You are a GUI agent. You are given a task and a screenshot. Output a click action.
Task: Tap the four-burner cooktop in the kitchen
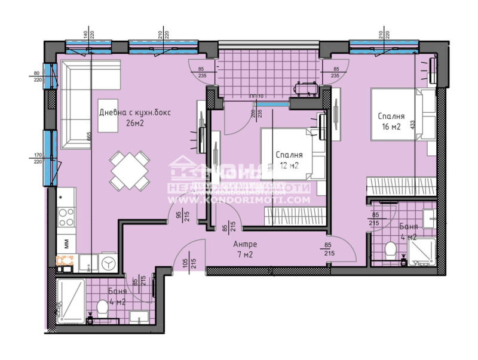click(66, 216)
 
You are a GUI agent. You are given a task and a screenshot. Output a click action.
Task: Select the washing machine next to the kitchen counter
click(108, 262)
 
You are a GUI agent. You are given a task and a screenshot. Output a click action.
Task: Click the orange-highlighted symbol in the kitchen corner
click(64, 260)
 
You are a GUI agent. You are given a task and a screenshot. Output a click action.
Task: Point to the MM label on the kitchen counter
click(65, 243)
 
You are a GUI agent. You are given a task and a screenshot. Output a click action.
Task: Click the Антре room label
click(246, 244)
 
